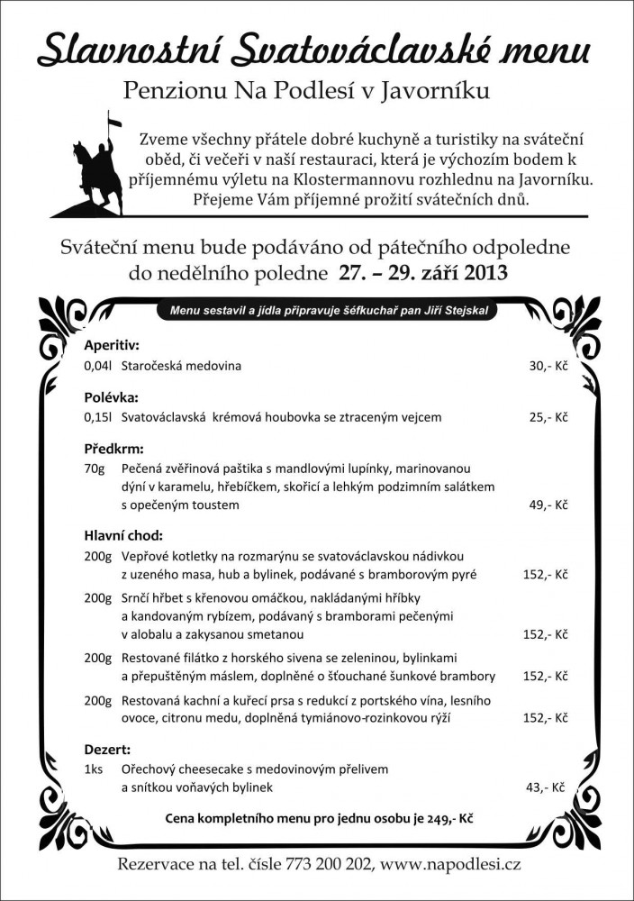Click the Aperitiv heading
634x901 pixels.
(112, 345)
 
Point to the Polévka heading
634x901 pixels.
(111, 396)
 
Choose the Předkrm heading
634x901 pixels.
(113, 448)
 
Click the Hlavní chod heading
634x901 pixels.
(124, 534)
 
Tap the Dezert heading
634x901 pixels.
(107, 749)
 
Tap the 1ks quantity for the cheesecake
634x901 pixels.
(94, 770)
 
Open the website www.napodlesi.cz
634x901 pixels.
(450, 864)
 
